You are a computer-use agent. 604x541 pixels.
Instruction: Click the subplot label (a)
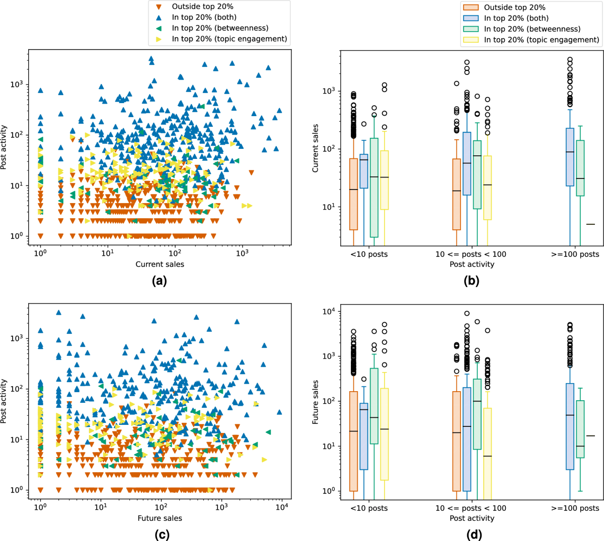coord(159,282)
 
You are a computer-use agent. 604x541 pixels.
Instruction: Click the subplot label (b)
coord(471,282)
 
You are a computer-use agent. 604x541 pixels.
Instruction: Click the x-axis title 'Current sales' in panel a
coord(160,264)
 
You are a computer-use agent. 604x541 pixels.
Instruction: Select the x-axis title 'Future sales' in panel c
coord(160,518)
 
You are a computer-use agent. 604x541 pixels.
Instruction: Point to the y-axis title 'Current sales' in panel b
coord(316,148)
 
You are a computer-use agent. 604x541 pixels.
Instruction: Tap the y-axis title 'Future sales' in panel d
coord(316,402)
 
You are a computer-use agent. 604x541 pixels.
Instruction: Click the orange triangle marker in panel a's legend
coord(159,7)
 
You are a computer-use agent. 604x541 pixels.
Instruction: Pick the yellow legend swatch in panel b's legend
coord(471,40)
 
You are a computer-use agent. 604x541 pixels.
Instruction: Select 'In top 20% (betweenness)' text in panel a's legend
coord(220,28)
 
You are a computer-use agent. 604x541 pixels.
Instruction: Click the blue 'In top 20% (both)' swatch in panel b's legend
coord(471,18)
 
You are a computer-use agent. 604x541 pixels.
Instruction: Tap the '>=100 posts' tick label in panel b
coord(575,254)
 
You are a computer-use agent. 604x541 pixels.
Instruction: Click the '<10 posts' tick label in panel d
coord(369,508)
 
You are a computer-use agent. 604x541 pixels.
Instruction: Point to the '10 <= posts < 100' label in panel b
coord(471,254)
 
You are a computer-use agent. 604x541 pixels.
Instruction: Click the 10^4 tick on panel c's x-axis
coord(281,507)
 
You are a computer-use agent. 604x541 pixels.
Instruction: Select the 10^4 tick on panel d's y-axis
coord(328,312)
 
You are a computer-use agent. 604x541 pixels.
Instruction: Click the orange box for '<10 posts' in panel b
coord(353,194)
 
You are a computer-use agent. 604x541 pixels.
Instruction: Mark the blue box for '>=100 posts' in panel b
coord(570,157)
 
